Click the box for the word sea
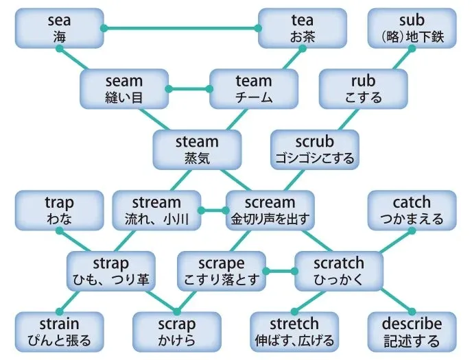click(60, 28)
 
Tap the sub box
click(412, 28)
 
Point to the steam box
click(197, 149)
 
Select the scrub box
click(314, 149)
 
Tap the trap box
click(59, 210)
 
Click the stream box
click(156, 210)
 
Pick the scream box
click(270, 210)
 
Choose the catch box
click(412, 210)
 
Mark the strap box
click(110, 270)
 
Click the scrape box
click(220, 270)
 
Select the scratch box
click(338, 270)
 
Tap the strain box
click(60, 331)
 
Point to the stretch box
click(294, 331)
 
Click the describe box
click(412, 331)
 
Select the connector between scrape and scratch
click(279, 270)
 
